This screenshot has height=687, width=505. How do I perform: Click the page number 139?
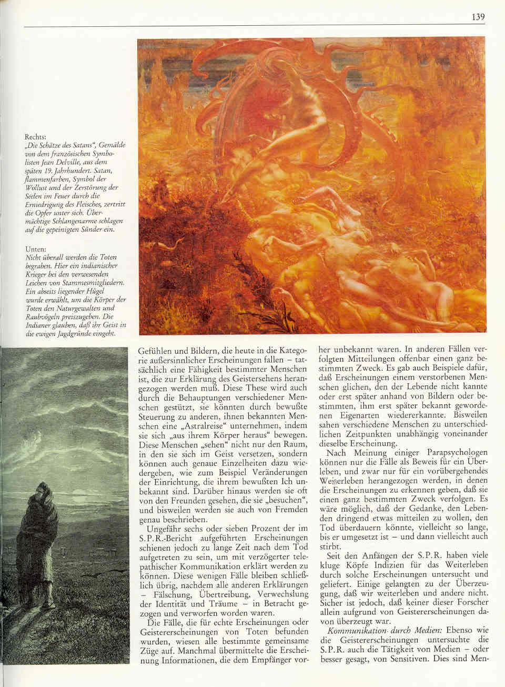[x=478, y=17]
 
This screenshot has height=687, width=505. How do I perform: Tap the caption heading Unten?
[x=36, y=249]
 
